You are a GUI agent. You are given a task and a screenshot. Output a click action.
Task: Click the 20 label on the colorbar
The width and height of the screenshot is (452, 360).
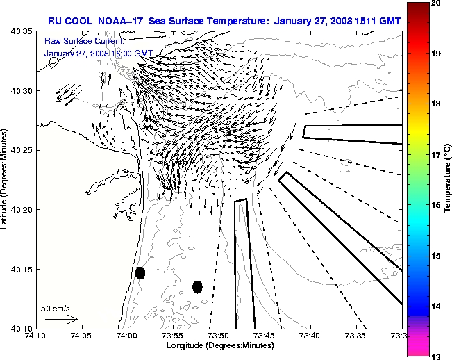(x=435, y=3)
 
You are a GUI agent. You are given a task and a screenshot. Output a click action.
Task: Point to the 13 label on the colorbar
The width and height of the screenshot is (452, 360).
(x=435, y=356)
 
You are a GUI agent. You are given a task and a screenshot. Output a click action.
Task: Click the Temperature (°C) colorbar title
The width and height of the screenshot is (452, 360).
(x=448, y=179)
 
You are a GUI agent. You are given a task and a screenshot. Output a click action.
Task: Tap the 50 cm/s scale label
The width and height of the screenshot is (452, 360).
(x=56, y=308)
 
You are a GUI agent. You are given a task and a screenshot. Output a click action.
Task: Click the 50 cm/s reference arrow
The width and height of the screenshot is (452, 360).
(x=61, y=319)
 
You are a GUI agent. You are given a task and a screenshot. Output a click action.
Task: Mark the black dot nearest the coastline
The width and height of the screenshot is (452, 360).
(x=140, y=272)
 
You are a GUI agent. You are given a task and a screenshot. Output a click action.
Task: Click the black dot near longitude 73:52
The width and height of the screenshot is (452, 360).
(x=197, y=286)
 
